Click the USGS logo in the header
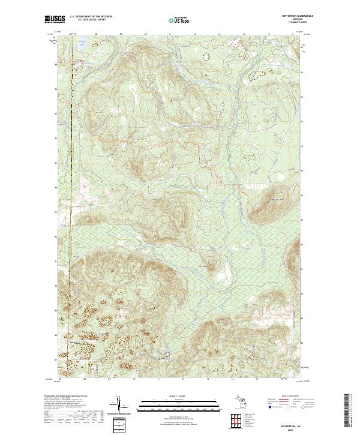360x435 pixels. click(55, 20)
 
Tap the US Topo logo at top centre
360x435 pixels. click(179, 20)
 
